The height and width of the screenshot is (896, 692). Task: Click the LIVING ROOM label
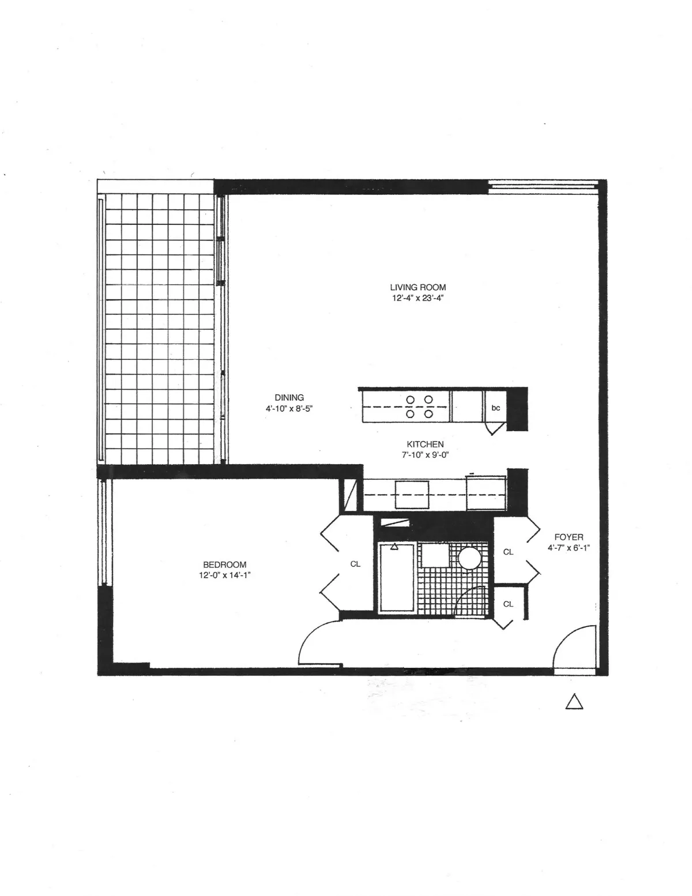418,287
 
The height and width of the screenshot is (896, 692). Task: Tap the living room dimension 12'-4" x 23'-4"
418,299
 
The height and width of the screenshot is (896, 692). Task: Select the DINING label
289,397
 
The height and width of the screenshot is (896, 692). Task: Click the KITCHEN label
425,444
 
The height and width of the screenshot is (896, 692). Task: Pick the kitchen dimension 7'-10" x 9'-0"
425,454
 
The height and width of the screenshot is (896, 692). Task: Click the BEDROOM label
224,564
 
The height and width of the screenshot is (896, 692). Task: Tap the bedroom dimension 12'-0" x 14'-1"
224,575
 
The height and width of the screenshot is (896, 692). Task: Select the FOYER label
569,537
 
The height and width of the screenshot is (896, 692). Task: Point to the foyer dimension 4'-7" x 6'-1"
569,548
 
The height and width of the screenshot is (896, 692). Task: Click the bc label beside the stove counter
495,408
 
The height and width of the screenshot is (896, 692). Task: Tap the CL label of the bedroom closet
355,564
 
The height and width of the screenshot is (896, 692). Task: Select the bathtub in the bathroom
396,577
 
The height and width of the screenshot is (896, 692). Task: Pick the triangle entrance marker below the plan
574,702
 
